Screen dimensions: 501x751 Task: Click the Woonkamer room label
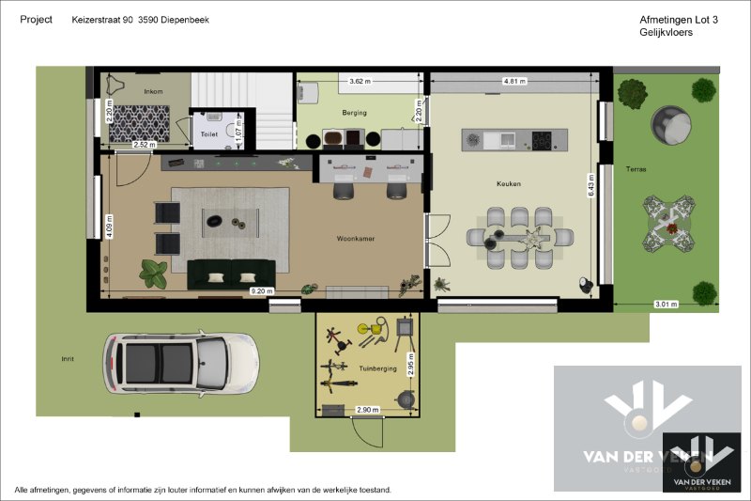[x=356, y=239]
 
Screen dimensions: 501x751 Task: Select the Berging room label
[x=354, y=113]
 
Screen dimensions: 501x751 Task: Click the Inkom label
[x=153, y=91]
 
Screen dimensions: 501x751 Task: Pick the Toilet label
[x=208, y=134]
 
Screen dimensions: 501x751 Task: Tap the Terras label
[x=636, y=169]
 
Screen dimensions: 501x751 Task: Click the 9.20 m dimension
[x=262, y=291]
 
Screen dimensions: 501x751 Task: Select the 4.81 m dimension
[x=514, y=82]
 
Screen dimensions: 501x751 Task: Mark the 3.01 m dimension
[x=665, y=304]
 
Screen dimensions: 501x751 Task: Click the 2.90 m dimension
[x=367, y=410]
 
